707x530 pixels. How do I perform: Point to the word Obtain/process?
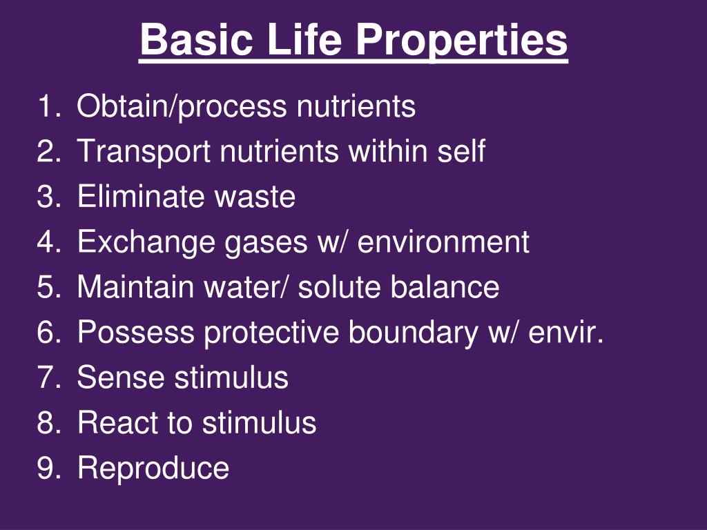pyautogui.click(x=182, y=107)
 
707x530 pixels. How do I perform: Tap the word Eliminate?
pyautogui.click(x=142, y=197)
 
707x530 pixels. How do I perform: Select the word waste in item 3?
pyautogui.click(x=255, y=197)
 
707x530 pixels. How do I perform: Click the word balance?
pyautogui.click(x=445, y=287)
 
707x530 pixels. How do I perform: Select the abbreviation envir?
pyautogui.click(x=566, y=333)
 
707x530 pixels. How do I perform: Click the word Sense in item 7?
pyautogui.click(x=120, y=377)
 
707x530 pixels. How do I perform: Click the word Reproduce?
pyautogui.click(x=153, y=468)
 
